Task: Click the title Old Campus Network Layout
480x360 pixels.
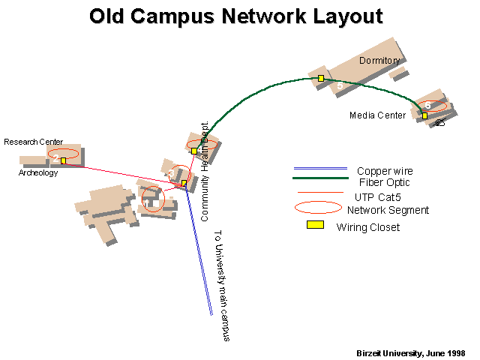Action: (x=236, y=16)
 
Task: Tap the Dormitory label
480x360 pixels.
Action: (x=379, y=61)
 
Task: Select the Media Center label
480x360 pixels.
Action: (x=377, y=115)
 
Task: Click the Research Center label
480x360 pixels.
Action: (x=33, y=142)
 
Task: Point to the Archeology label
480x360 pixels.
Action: (x=38, y=172)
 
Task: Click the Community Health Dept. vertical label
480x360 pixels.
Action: (x=205, y=171)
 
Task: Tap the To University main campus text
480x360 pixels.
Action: (x=222, y=286)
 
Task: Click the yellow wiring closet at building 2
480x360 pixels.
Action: (x=63, y=160)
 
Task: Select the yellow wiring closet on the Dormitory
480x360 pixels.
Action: (x=321, y=78)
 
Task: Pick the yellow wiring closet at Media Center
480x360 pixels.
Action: (x=424, y=115)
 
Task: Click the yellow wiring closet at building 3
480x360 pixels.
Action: (x=184, y=183)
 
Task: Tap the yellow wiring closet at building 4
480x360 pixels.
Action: (x=194, y=151)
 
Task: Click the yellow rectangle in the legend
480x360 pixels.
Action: (x=315, y=225)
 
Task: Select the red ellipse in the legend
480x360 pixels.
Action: (x=318, y=202)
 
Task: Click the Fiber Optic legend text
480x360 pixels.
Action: (x=384, y=182)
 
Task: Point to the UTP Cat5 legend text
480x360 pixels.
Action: (x=378, y=197)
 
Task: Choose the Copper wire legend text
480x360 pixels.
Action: (x=385, y=171)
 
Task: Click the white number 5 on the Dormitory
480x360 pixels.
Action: (x=340, y=85)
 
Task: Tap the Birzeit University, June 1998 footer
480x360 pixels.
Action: (x=411, y=353)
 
